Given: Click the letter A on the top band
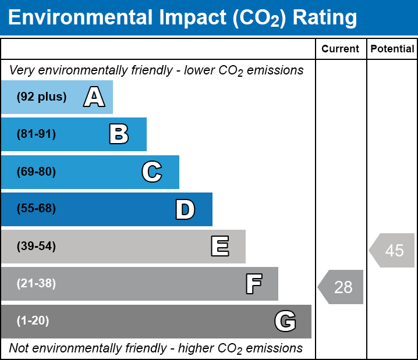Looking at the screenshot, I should coord(94,97).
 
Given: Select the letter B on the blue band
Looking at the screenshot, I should coord(119,134).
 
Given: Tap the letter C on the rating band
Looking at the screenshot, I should coord(151,172).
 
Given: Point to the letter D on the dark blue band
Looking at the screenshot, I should coord(185,209).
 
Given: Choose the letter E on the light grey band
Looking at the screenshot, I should coord(219,247).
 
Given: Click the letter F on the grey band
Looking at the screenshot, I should coord(253,284).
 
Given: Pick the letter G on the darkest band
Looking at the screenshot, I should coord(285,321).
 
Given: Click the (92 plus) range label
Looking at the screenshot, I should coord(41,97).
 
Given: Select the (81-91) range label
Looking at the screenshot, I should coord(36,134).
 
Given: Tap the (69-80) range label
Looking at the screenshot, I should coord(36,172).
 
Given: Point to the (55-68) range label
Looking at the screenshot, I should coord(36,209).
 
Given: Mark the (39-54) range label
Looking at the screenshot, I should coord(36,247).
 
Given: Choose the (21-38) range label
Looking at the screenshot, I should coord(36,284).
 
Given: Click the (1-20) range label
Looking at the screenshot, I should coord(33,321).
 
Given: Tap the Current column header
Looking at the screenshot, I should coord(341,49).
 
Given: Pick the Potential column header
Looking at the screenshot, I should coord(392,49).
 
